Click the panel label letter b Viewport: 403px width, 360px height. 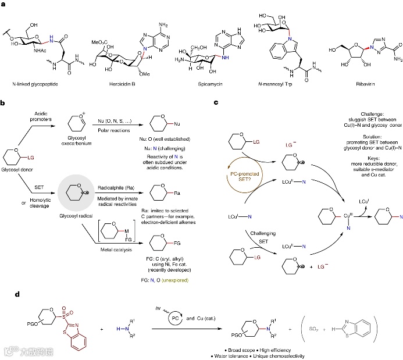(x=3, y=103)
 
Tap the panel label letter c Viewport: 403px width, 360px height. (x=216, y=103)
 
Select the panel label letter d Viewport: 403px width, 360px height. (x=3, y=294)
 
